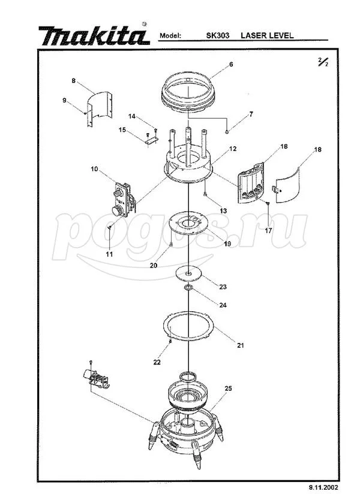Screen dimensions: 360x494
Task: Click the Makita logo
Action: click(x=94, y=35)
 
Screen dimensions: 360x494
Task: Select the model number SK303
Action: click(x=218, y=35)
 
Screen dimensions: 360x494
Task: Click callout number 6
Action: click(x=231, y=64)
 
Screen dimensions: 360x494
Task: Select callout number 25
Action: click(x=228, y=388)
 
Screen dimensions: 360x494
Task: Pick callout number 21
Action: click(x=241, y=345)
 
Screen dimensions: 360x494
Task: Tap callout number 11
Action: click(x=109, y=254)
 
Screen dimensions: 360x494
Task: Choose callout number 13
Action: click(x=223, y=211)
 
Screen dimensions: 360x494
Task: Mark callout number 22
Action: click(x=157, y=362)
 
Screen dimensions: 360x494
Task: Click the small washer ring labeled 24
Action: click(x=188, y=287)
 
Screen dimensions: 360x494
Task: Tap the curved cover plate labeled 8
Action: click(x=100, y=109)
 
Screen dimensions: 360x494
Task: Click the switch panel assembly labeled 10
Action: click(x=124, y=199)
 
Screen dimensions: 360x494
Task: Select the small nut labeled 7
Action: click(x=227, y=131)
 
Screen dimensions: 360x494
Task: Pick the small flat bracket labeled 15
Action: click(x=151, y=141)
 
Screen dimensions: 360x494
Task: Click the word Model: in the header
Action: click(x=170, y=35)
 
